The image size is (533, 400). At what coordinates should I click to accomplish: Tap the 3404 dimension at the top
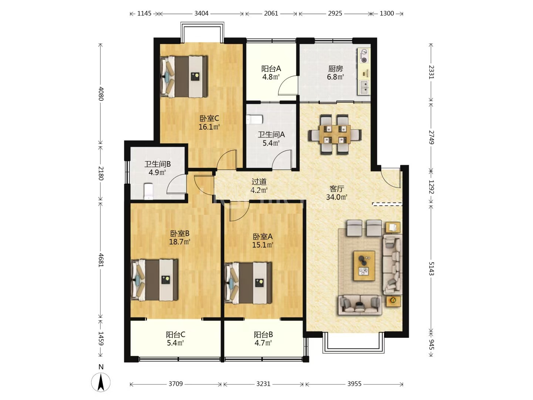pyautogui.click(x=201, y=13)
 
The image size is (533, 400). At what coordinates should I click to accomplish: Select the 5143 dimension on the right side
pyautogui.click(x=431, y=269)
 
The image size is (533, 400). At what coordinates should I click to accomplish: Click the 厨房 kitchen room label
pyautogui.click(x=336, y=69)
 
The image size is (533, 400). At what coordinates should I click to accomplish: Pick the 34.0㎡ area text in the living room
pyautogui.click(x=336, y=197)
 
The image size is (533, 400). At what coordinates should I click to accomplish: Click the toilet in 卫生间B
pyautogui.click(x=148, y=191)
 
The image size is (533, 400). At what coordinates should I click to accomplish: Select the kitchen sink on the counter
pyautogui.click(x=363, y=87)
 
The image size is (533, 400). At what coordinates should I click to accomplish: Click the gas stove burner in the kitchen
pyautogui.click(x=364, y=56)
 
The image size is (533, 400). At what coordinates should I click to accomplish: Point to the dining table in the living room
pyautogui.click(x=335, y=134)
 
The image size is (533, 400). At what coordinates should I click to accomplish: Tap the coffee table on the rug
pyautogui.click(x=364, y=266)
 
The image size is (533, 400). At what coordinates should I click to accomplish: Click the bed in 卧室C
pyautogui.click(x=184, y=77)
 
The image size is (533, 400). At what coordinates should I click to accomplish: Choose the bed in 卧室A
pyautogui.click(x=248, y=283)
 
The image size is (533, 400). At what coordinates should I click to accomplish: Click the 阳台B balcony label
pyautogui.click(x=263, y=335)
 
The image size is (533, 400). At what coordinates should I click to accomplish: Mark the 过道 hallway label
pyautogui.click(x=259, y=181)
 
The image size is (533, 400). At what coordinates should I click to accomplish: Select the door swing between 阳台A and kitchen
pyautogui.click(x=288, y=85)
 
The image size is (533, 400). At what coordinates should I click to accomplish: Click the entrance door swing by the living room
pyautogui.click(x=390, y=177)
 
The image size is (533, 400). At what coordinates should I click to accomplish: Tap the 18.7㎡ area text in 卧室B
pyautogui.click(x=180, y=241)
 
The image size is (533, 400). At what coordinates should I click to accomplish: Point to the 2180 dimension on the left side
pyautogui.click(x=101, y=173)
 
